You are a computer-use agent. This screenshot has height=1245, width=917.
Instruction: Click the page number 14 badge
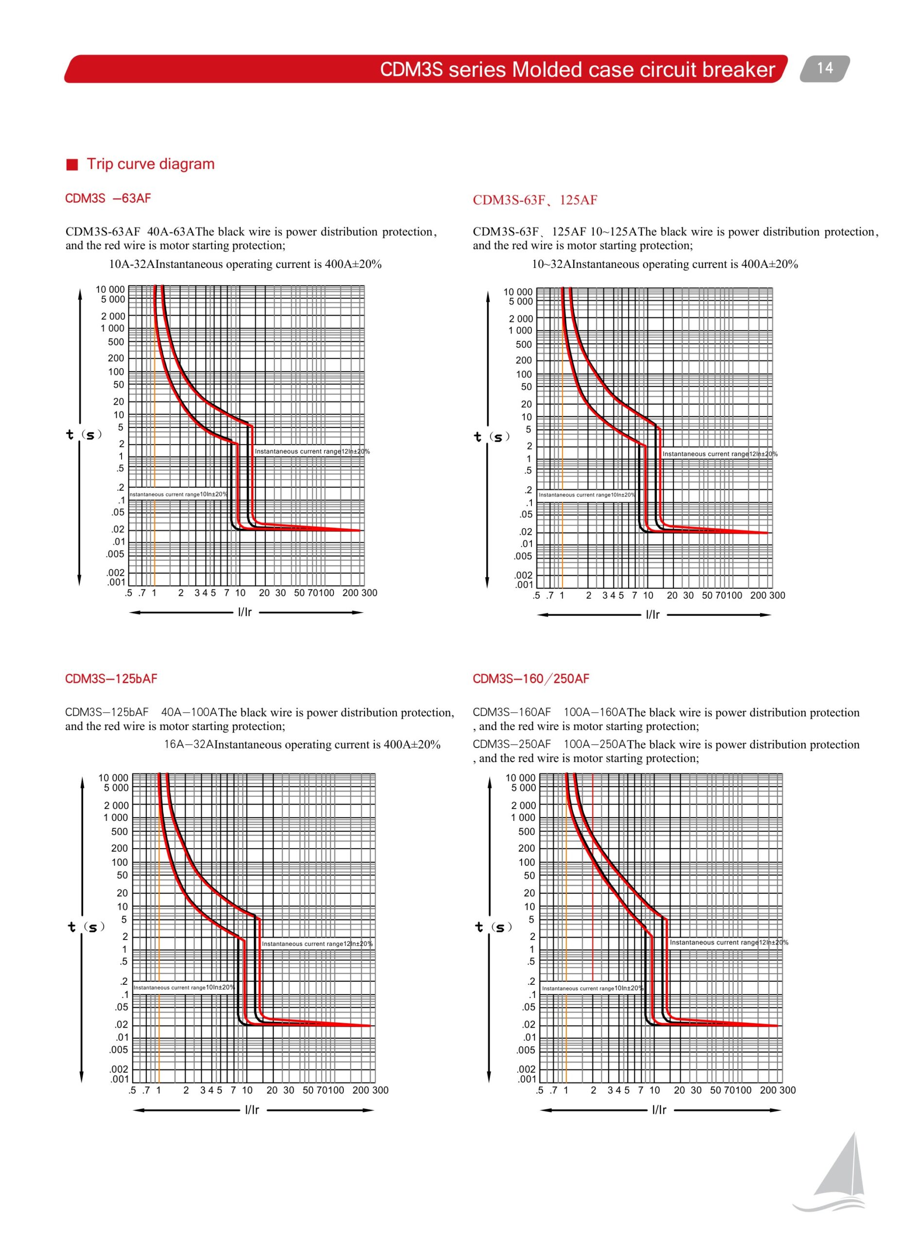point(824,68)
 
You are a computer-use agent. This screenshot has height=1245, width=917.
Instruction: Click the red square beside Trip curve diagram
point(72,165)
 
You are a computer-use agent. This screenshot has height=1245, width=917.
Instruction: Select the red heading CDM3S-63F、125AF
point(534,200)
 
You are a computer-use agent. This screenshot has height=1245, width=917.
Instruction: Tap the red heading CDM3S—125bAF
point(111,678)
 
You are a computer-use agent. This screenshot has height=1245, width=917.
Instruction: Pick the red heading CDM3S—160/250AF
point(530,678)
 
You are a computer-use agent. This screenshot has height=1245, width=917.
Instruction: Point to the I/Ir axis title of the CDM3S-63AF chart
point(245,612)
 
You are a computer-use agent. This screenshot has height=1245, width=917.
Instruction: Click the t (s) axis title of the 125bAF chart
point(87,926)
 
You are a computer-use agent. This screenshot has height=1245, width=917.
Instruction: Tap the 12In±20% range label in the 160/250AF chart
point(728,942)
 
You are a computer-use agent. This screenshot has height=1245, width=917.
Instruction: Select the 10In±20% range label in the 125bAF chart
point(184,987)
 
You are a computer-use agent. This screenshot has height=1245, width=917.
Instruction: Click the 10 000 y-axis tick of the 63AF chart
point(110,289)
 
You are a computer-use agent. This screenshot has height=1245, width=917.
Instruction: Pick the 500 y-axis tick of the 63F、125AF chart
point(524,344)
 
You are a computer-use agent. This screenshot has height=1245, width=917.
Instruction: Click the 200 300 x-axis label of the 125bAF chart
point(370,1089)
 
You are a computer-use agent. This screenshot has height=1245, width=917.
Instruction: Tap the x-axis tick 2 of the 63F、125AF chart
point(588,595)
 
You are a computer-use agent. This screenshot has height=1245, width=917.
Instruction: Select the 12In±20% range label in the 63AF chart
point(312,451)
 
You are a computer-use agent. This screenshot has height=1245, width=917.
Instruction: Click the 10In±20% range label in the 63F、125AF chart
point(587,495)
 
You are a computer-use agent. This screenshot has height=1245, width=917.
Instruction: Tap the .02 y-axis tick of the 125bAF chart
point(121,1024)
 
